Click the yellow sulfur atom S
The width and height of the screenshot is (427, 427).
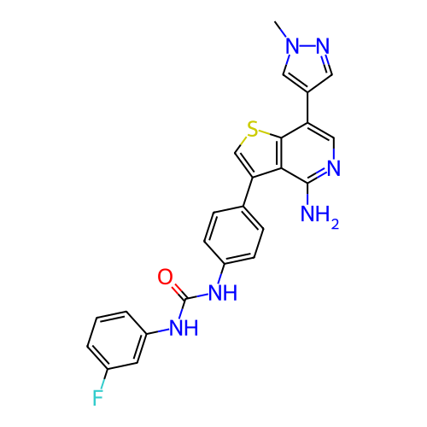pyautogui.click(x=252, y=129)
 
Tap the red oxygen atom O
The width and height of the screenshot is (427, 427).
pyautogui.click(x=165, y=277)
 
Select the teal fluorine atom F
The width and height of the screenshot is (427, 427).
pyautogui.click(x=97, y=398)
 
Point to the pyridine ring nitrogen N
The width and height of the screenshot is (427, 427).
pyautogui.click(x=334, y=168)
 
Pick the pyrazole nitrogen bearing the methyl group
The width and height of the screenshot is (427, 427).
pyautogui.click(x=293, y=45)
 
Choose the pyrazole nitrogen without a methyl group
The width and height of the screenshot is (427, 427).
pyautogui.click(x=323, y=45)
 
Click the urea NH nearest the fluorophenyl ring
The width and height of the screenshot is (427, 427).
pyautogui.click(x=184, y=328)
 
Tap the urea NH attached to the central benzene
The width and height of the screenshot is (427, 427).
pyautogui.click(x=223, y=292)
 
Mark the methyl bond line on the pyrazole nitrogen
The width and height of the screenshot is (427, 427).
pyautogui.click(x=281, y=29)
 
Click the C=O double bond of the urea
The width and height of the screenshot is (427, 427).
pyautogui.click(x=179, y=291)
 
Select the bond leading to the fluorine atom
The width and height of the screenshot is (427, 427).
pyautogui.click(x=104, y=379)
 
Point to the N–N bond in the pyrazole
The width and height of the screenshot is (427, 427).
pyautogui.click(x=307, y=45)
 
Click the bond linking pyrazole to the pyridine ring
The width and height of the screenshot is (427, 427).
pyautogui.click(x=307, y=108)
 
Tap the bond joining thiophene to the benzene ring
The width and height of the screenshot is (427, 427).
pyautogui.click(x=248, y=192)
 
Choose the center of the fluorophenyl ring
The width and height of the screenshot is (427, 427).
pyautogui.click(x=117, y=341)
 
